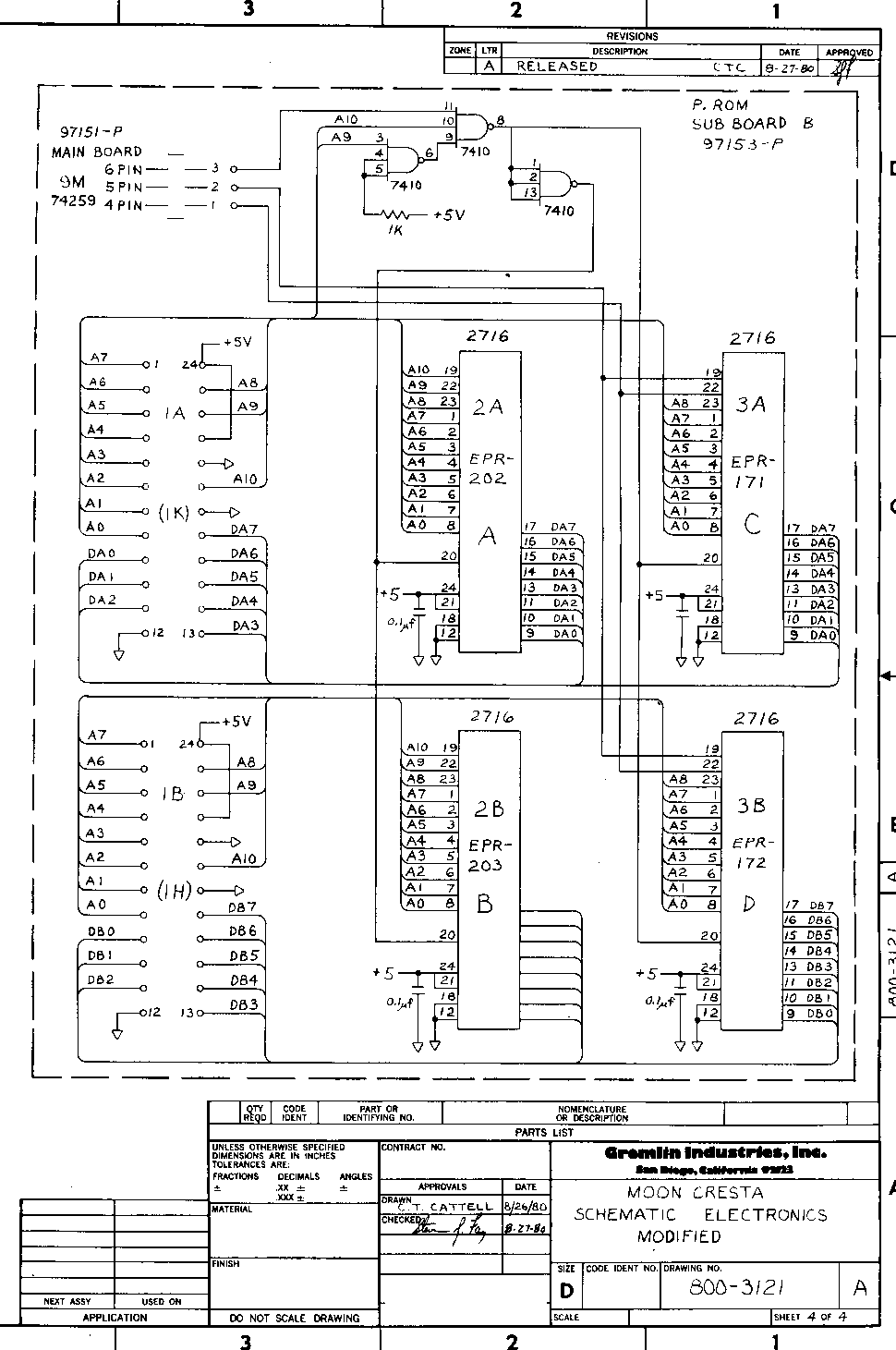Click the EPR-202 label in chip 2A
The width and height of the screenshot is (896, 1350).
487,468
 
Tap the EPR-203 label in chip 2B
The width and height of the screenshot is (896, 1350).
486,855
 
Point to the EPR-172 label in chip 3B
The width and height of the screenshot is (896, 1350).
750,853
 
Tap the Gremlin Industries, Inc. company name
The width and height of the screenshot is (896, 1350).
716,1152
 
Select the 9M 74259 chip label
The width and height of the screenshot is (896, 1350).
72,191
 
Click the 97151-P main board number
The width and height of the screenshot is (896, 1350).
91,132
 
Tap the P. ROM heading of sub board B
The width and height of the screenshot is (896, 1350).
720,105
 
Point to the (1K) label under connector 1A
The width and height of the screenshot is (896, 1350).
174,513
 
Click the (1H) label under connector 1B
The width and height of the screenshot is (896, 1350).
174,891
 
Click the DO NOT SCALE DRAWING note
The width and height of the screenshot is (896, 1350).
295,1318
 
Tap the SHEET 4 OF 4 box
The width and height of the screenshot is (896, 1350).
810,1317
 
